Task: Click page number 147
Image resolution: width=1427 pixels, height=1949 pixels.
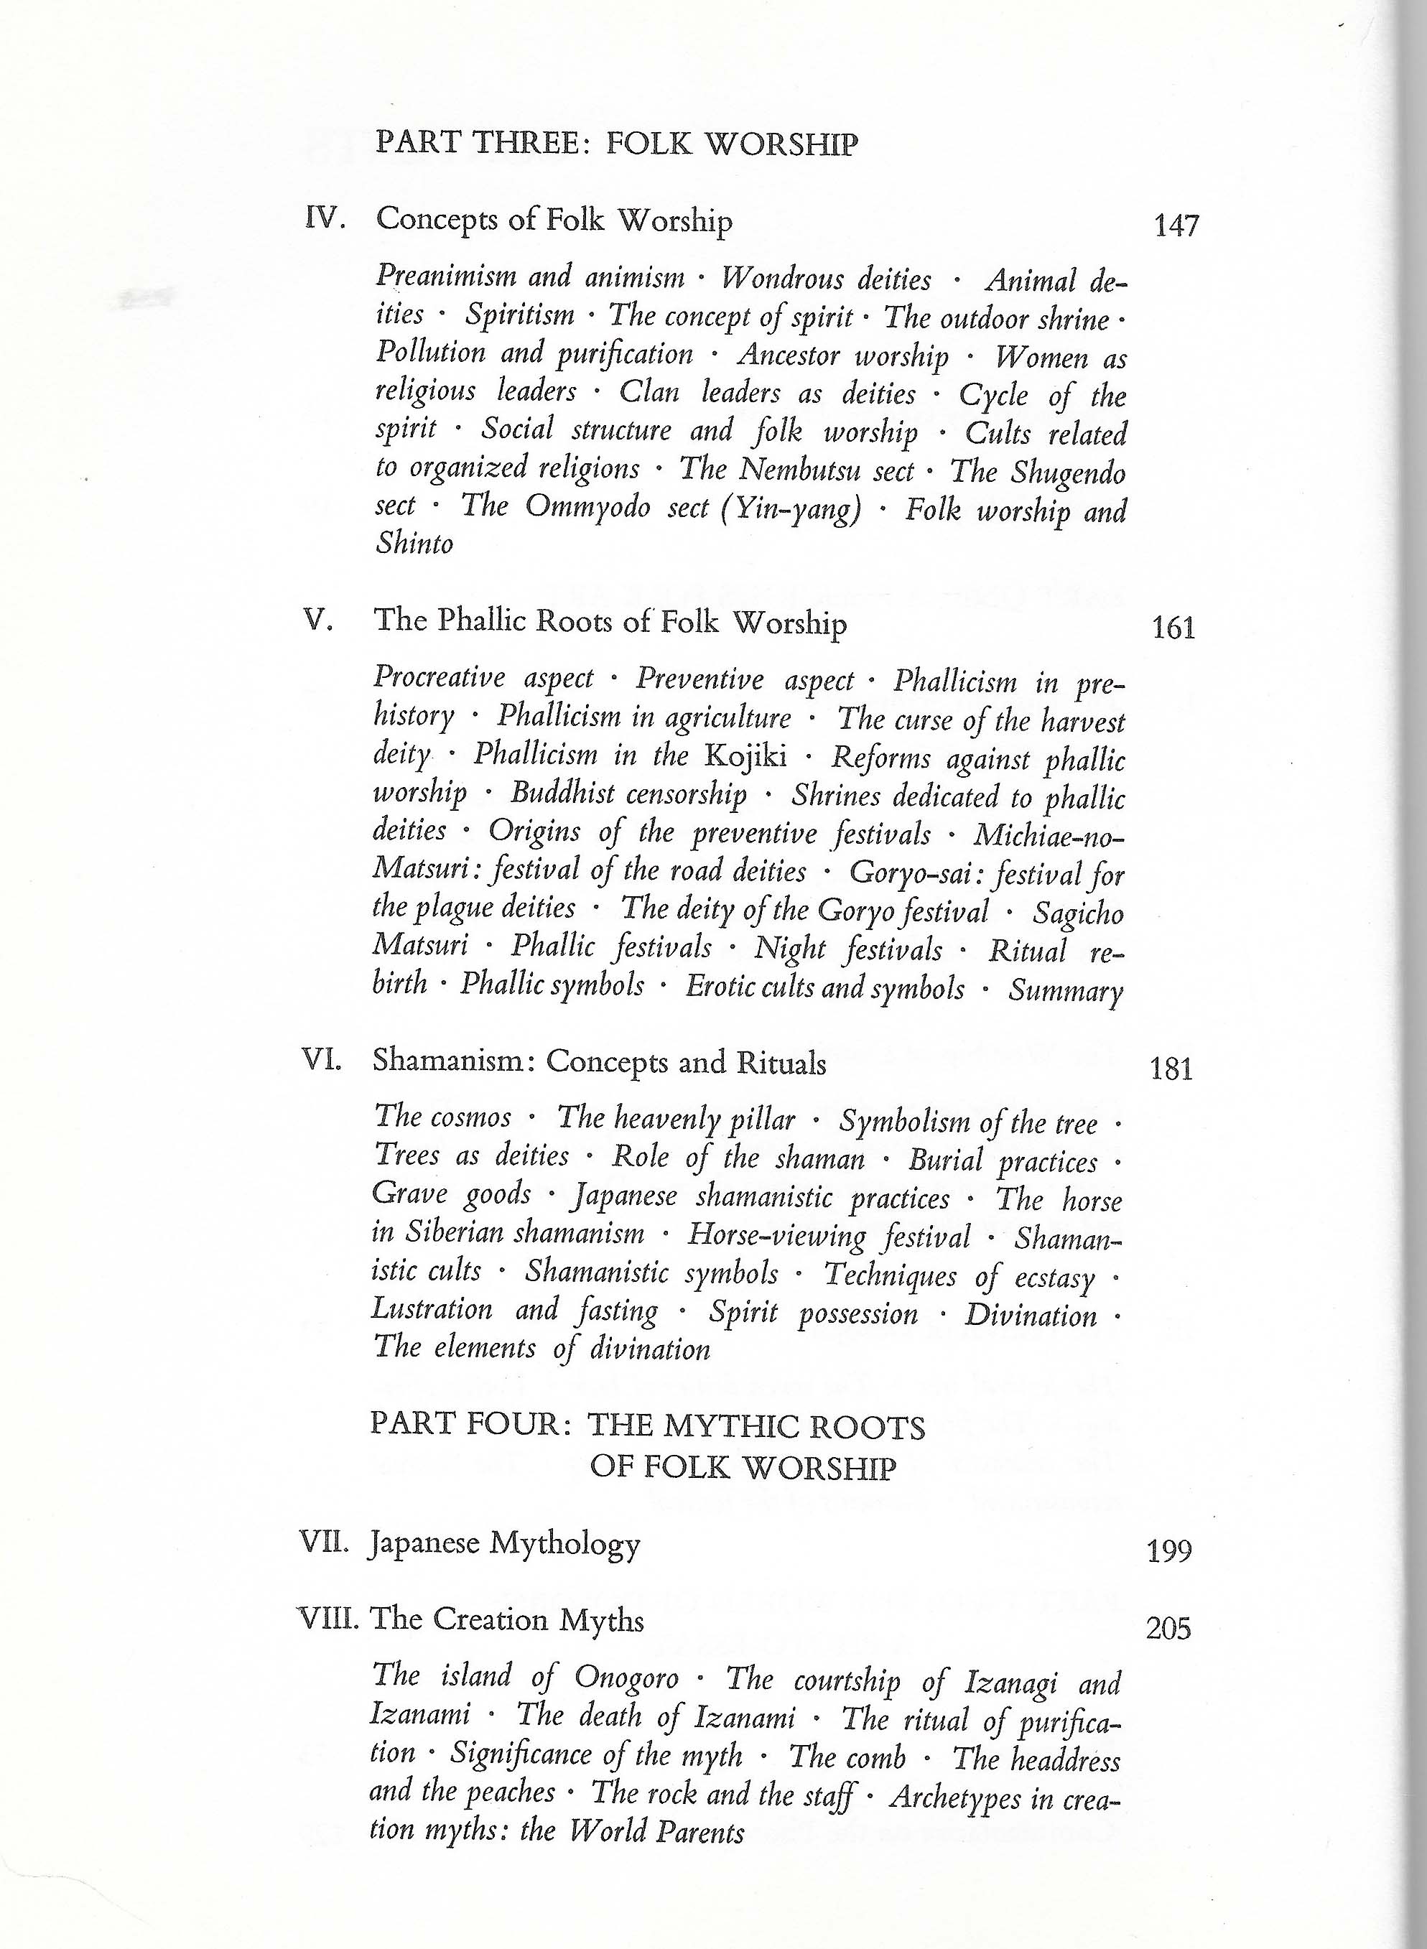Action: tap(1176, 226)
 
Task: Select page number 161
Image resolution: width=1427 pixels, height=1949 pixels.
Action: tap(1174, 628)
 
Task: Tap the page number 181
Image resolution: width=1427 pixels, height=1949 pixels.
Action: tap(1171, 1069)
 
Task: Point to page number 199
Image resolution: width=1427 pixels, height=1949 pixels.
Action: tap(1170, 1552)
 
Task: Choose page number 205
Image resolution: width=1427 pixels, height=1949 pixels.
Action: tap(1168, 1628)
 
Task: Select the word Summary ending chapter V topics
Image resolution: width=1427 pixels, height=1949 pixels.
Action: tap(1066, 990)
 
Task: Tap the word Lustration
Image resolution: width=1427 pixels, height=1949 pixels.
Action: tap(432, 1309)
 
